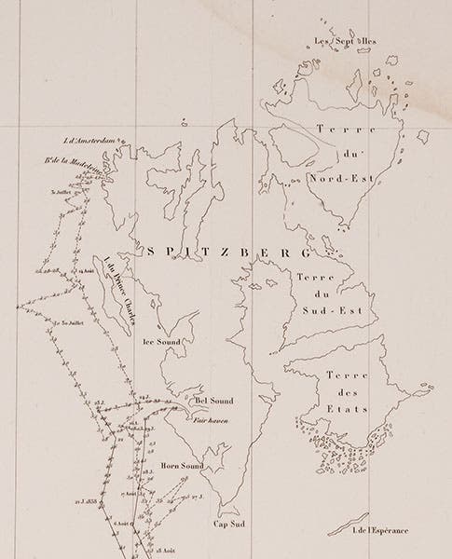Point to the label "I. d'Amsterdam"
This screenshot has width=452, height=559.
(x=87, y=142)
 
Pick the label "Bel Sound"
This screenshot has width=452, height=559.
(x=213, y=401)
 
